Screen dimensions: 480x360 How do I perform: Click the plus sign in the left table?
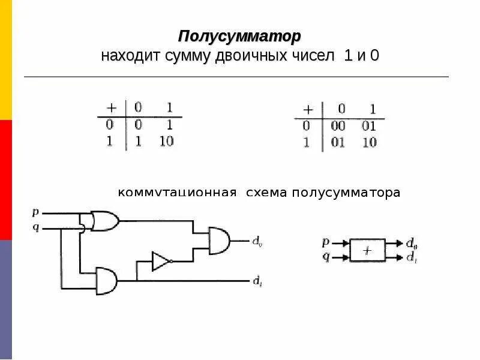click(x=111, y=108)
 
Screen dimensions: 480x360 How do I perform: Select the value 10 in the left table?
click(x=166, y=142)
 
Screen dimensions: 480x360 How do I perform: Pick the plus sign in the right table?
click(x=308, y=110)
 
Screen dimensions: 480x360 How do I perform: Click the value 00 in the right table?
click(x=339, y=127)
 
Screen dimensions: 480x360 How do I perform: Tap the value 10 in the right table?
click(x=370, y=143)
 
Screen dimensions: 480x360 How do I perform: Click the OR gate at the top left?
click(x=103, y=220)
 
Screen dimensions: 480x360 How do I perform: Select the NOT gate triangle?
click(x=161, y=261)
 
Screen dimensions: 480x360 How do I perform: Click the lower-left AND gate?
click(x=106, y=280)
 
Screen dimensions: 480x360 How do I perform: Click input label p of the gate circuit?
click(x=35, y=212)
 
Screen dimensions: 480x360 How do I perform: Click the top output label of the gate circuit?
click(x=256, y=242)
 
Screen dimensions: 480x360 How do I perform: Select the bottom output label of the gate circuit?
click(x=256, y=281)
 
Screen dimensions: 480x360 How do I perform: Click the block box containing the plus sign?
click(x=368, y=250)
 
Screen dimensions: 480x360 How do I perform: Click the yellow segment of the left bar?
click(x=5, y=60)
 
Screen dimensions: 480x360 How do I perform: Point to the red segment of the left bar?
click(x=5, y=180)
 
